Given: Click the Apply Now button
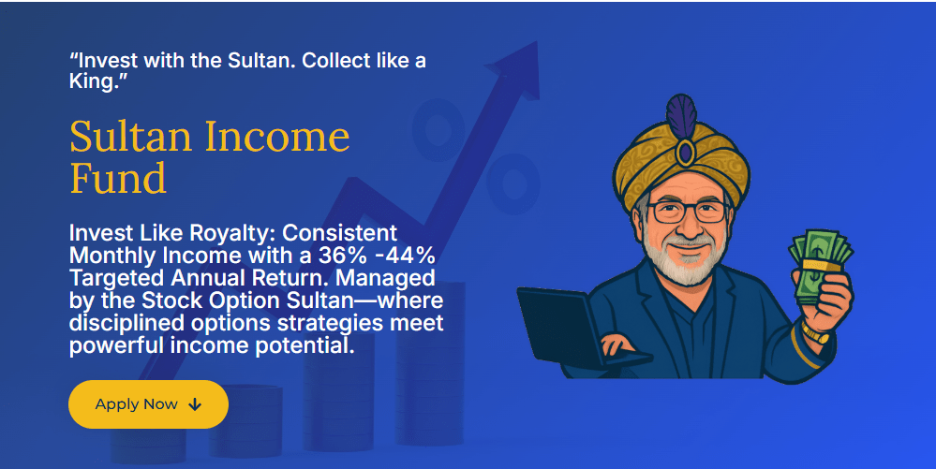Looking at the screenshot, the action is tap(149, 404).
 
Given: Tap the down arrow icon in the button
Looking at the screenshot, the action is tap(195, 404).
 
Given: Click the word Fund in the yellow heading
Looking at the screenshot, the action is tap(118, 179).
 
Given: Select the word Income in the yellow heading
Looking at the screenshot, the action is tap(277, 137).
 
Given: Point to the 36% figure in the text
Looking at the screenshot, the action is tap(342, 256).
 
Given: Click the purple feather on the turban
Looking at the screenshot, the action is tap(681, 116).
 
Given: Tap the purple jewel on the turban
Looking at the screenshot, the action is tap(685, 153).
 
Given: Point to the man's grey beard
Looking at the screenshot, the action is tap(687, 259).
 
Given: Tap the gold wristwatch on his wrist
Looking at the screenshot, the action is tap(815, 331).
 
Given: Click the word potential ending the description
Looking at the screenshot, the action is tap(305, 346).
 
